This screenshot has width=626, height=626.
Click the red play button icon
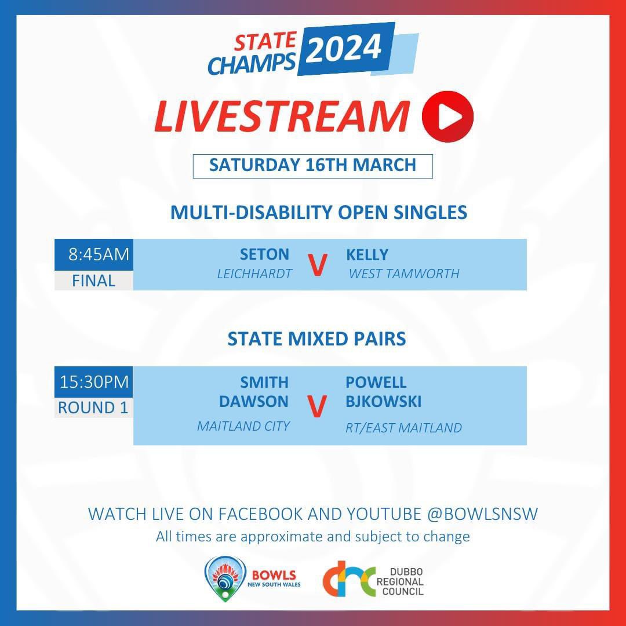click(x=447, y=116)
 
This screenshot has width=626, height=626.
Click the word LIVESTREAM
click(x=282, y=116)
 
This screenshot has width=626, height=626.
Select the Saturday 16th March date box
click(x=312, y=165)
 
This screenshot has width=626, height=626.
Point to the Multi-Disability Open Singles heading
click(x=318, y=212)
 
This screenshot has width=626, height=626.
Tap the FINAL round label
click(x=94, y=281)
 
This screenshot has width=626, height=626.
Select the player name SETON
click(x=264, y=255)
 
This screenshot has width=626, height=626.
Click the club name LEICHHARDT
click(x=254, y=274)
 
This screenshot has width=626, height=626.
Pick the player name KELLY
click(x=367, y=255)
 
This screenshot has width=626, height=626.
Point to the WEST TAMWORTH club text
click(x=403, y=274)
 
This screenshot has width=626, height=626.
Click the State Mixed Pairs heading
click(x=316, y=339)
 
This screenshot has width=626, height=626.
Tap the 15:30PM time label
click(x=94, y=383)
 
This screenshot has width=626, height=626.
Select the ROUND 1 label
click(x=93, y=407)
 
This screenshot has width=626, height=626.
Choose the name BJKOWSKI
click(x=383, y=401)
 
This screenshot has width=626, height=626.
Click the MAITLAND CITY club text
click(x=243, y=426)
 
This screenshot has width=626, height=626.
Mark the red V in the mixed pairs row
click(x=316, y=407)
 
